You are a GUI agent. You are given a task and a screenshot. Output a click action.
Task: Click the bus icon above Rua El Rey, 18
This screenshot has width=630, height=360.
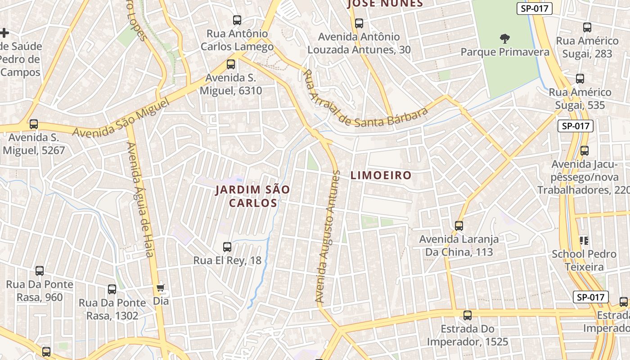coord(227,247)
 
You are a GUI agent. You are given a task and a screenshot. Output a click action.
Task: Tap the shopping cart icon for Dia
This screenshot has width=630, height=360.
coord(161,287)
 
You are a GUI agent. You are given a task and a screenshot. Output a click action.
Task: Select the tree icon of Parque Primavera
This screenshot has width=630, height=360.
coord(505,38)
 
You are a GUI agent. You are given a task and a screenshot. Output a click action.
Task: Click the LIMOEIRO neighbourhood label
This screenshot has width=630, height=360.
coord(381,175)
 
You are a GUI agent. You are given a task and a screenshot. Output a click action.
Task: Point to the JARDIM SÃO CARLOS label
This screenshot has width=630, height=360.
coord(252,196)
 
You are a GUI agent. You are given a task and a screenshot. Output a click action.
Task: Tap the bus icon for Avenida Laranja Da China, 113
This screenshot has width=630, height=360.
coord(459,225)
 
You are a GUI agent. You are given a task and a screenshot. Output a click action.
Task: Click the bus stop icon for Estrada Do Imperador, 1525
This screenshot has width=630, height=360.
coord(468,315)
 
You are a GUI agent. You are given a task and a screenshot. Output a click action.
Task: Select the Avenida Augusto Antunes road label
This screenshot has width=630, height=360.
coord(327,236)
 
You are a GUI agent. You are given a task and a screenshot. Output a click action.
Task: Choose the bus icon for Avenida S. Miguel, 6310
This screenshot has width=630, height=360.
coord(231,64)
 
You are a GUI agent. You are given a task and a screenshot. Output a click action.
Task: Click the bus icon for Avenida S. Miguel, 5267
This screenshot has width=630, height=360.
coord(33,124)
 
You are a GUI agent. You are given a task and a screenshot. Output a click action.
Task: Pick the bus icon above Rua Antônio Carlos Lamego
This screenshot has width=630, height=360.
coord(237,20)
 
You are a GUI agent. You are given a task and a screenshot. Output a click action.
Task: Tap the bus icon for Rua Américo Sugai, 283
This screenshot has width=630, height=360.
coord(587,27)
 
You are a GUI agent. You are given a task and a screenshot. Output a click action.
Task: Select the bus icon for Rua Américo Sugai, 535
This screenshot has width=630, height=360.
coord(580,78)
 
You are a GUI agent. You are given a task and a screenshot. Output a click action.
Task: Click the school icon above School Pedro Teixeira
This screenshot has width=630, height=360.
coord(584,240)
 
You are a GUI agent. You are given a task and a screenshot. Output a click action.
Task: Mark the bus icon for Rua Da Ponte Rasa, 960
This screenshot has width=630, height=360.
coord(40,270)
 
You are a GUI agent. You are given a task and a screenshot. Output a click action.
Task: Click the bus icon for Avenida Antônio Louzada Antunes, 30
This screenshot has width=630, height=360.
coord(359,23)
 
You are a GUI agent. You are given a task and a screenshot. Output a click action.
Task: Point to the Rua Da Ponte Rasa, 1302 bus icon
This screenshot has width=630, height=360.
coord(112,289)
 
